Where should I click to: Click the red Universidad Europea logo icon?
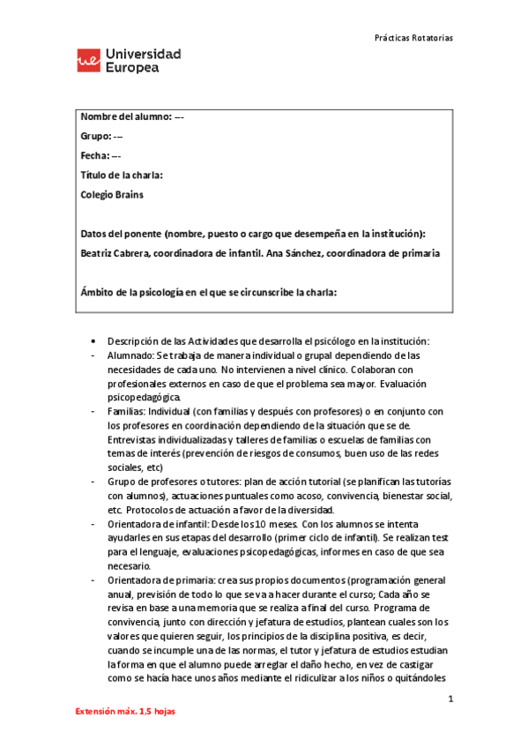click(x=88, y=61)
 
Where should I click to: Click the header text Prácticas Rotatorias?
click(x=413, y=39)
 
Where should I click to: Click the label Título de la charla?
click(x=122, y=176)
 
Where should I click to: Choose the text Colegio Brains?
click(x=112, y=195)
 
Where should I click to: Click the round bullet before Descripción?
click(x=94, y=341)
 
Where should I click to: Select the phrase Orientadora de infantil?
click(x=159, y=524)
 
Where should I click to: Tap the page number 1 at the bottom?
click(x=450, y=699)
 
